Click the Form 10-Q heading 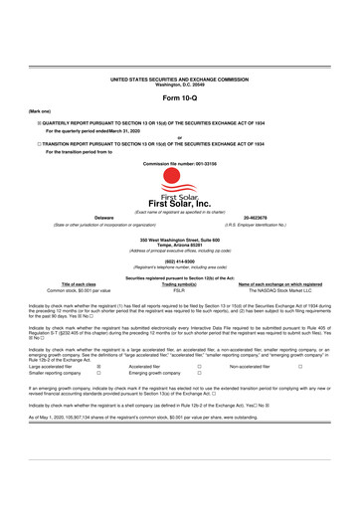(x=179, y=100)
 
